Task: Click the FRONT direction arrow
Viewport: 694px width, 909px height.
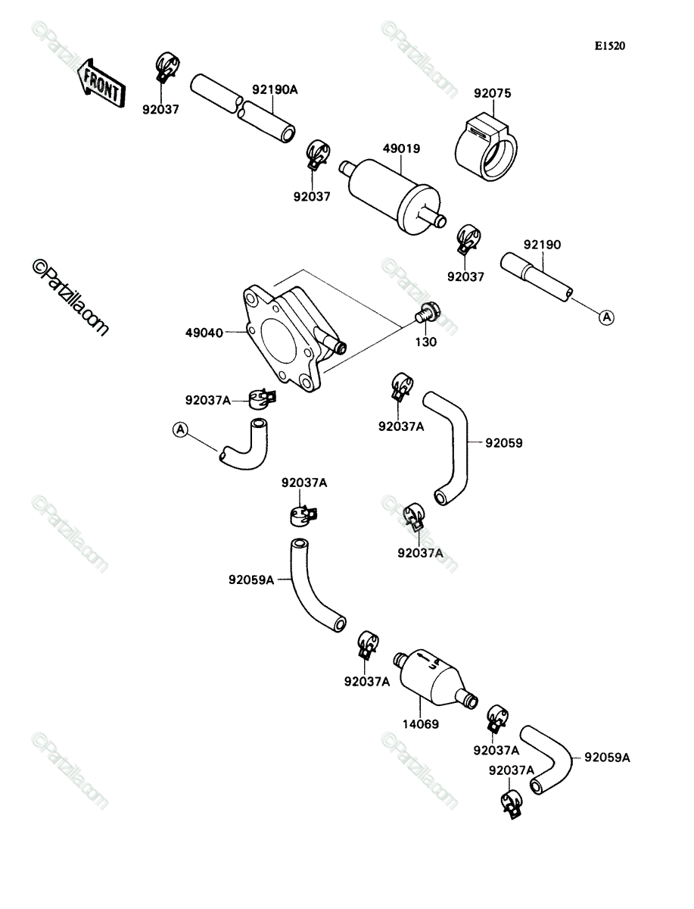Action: click(x=101, y=83)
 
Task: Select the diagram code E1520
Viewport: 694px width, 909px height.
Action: click(x=610, y=46)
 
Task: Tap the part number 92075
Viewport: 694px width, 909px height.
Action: click(x=492, y=93)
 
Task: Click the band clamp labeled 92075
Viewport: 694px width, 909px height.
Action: click(x=487, y=147)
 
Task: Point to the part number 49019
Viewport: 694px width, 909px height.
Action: click(x=401, y=148)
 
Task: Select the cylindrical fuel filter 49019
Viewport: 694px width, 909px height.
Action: click(x=393, y=198)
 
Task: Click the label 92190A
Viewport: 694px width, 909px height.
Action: click(x=275, y=89)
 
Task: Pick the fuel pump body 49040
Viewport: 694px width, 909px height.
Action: click(x=294, y=339)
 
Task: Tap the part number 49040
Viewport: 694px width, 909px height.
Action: click(x=204, y=333)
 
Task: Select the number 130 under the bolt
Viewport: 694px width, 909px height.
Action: click(x=426, y=342)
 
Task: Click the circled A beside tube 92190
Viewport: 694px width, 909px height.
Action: click(x=607, y=317)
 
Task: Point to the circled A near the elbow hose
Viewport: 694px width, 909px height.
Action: click(x=180, y=430)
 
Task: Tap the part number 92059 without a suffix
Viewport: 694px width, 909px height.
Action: click(x=504, y=443)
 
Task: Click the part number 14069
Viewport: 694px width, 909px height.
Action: click(x=421, y=724)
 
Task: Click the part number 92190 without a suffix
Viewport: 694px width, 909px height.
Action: click(x=542, y=245)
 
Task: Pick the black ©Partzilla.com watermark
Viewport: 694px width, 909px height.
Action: click(x=70, y=298)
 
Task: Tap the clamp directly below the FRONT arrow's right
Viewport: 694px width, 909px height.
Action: click(x=166, y=67)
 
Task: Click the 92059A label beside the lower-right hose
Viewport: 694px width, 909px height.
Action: click(x=607, y=757)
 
